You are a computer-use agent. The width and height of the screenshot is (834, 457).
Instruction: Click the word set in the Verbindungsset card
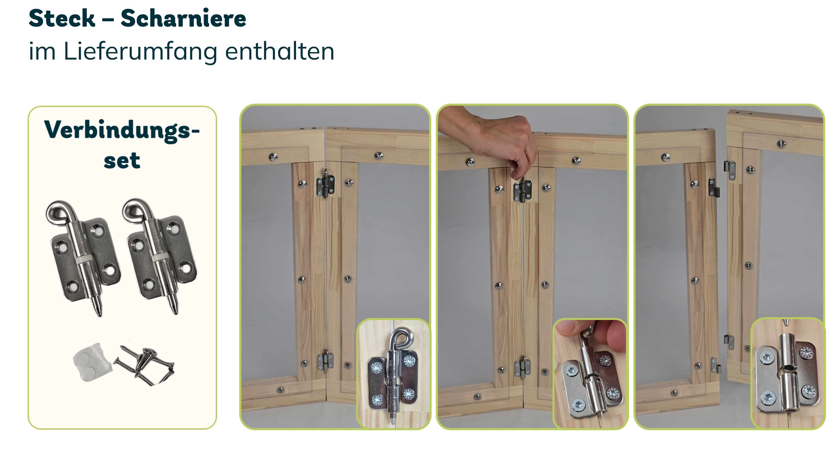pyautogui.click(x=122, y=160)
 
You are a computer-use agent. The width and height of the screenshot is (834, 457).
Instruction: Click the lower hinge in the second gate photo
pyautogui.click(x=522, y=366)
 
